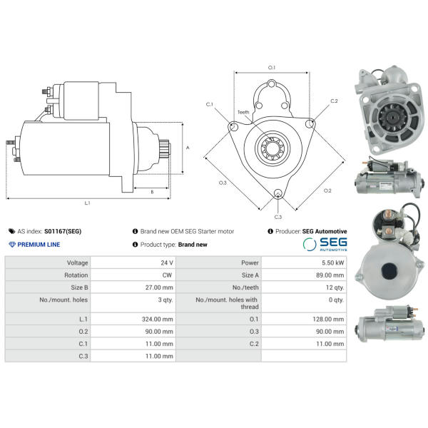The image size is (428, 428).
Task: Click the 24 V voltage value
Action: click(x=167, y=263)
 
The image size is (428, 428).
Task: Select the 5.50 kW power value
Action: click(x=332, y=263)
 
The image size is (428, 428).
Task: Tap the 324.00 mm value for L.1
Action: click(x=158, y=319)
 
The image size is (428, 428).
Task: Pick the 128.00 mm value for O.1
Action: click(x=328, y=319)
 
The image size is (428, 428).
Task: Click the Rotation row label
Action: click(x=76, y=275)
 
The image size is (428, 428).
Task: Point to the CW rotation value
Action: click(x=167, y=275)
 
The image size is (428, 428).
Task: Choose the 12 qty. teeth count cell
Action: click(x=335, y=287)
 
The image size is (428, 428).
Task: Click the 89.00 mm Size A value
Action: click(x=330, y=275)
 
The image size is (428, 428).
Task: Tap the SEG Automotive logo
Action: click(x=325, y=244)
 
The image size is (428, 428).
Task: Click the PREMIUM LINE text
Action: click(x=39, y=245)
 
